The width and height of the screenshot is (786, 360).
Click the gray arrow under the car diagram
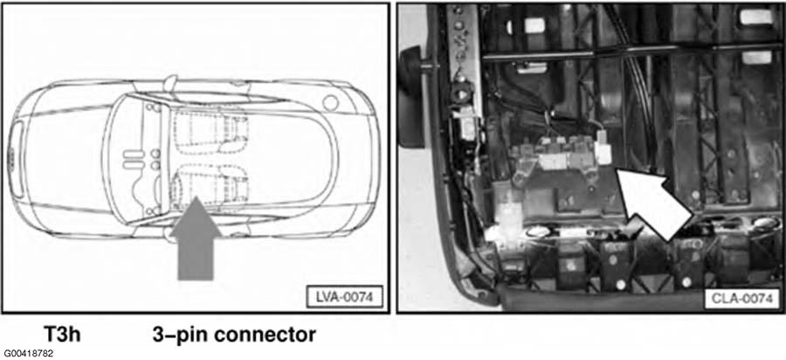[196, 240]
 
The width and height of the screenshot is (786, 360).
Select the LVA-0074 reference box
[344, 297]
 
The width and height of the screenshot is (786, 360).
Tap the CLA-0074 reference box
[741, 300]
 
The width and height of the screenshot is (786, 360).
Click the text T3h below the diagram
[62, 335]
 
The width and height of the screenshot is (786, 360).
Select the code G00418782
[28, 354]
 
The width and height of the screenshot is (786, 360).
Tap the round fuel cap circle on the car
[330, 103]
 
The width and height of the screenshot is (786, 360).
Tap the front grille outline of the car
[17, 159]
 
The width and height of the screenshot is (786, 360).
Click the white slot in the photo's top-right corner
[758, 17]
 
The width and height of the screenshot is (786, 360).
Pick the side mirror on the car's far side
[170, 80]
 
